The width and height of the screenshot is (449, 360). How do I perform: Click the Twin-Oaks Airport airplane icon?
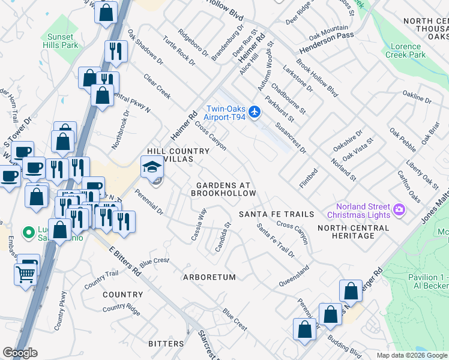point(255,112)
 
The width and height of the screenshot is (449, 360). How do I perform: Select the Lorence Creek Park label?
point(408,50)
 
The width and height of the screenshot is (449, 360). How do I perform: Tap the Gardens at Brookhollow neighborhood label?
point(223,190)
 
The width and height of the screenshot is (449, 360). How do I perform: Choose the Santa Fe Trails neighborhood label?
point(276,214)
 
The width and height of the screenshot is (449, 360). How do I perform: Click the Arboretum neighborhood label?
point(209,277)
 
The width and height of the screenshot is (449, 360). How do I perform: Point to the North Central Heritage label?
point(354,232)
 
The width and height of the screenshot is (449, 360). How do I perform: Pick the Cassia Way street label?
point(199,224)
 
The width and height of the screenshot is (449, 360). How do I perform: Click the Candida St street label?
point(222,236)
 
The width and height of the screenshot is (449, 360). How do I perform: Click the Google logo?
point(20,353)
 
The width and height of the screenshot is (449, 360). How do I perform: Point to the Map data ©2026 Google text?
point(411,355)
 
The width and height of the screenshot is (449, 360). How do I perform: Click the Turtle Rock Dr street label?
point(183,55)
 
